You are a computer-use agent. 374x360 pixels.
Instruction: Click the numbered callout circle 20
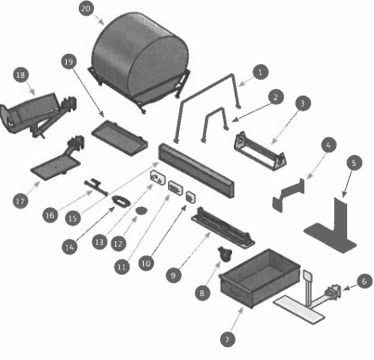(x=86, y=8)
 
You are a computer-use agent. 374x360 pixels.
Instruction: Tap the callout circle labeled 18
(x=20, y=75)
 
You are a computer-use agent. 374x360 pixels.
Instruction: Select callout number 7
(x=227, y=340)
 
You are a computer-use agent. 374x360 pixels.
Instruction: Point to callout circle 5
(x=355, y=162)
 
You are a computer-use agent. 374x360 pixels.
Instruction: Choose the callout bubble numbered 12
(x=118, y=244)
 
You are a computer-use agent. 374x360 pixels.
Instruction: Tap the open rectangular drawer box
(x=259, y=277)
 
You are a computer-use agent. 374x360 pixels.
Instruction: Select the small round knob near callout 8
(x=224, y=254)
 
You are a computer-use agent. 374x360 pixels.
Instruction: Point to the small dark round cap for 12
(x=141, y=211)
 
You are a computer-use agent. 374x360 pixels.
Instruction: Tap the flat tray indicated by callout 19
(x=119, y=136)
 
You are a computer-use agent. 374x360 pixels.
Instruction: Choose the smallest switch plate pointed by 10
(x=190, y=197)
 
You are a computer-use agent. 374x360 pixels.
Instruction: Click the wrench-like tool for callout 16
(x=96, y=187)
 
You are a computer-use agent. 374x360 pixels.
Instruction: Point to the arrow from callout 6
(x=350, y=288)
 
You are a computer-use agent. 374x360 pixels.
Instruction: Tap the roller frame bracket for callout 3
(x=261, y=150)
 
